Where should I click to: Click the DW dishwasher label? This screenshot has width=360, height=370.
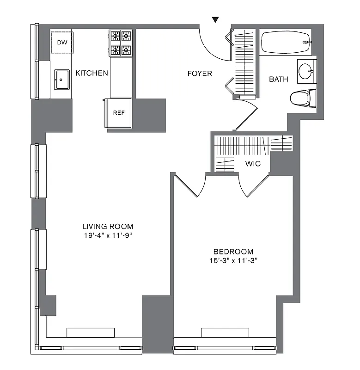pos(61,43)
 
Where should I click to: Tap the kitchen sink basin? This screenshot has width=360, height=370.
pos(61,80)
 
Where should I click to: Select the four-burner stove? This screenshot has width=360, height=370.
pos(121,43)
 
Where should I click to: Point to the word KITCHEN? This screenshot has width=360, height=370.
pos(92,73)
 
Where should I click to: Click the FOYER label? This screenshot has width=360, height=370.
pos(200,74)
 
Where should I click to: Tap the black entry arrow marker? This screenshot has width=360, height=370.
pos(215,19)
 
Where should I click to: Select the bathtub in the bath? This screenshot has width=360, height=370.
pos(285,42)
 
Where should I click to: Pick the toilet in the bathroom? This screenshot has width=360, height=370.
pos(302,98)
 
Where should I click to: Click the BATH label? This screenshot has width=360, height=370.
pos(279,79)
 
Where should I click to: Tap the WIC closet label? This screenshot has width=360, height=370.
pos(253,163)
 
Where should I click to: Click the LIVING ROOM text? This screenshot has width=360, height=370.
pos(108,227)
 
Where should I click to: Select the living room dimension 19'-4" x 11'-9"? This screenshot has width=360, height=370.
pos(108,235)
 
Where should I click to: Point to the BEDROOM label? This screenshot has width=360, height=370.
pos(233,252)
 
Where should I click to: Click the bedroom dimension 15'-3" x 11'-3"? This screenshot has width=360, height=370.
pos(233,260)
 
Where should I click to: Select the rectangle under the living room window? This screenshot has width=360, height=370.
pos(91,333)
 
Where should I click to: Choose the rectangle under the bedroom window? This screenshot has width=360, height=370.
pos(225,333)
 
